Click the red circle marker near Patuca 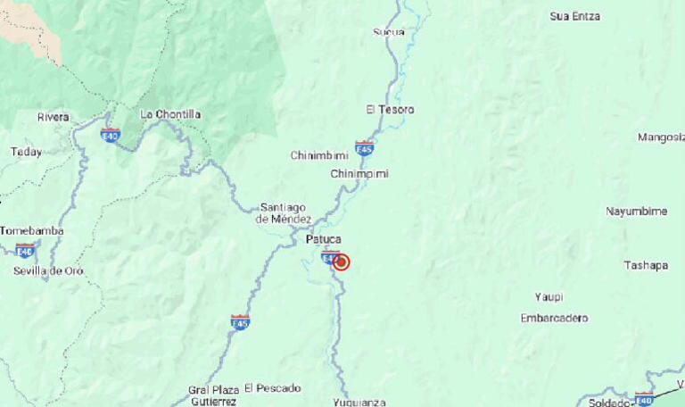(341, 262)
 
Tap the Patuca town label (323, 238)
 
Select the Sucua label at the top (388, 32)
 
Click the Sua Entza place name (574, 16)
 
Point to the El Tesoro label (390, 109)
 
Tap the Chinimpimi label (359, 173)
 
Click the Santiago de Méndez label (284, 212)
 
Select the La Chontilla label (170, 114)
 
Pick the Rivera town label (53, 117)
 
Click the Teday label (26, 152)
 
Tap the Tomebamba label (31, 230)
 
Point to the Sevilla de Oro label (48, 270)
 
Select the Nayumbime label (636, 211)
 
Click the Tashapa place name (646, 265)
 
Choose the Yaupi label (549, 296)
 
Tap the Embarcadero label (554, 318)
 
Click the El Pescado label (272, 387)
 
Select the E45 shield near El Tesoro (364, 145)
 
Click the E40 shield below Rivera (110, 135)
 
